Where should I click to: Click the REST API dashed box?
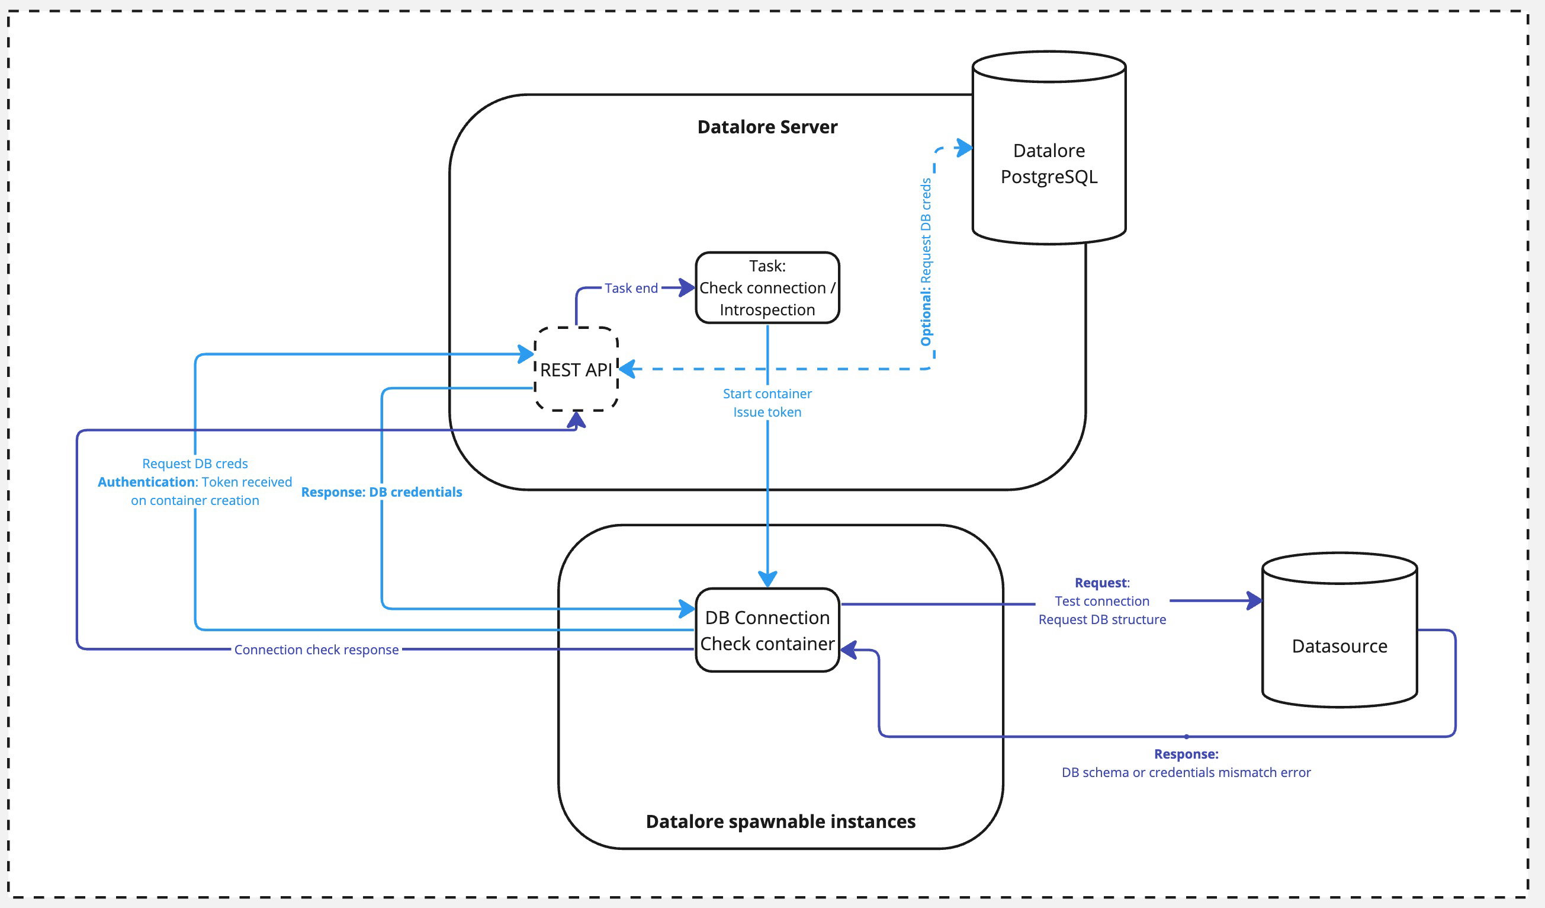(576, 369)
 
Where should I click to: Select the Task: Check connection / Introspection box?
(767, 287)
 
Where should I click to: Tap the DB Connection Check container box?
(767, 630)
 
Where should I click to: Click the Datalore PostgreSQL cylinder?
(1048, 163)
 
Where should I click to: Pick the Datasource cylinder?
(1339, 646)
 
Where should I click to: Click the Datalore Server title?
(767, 127)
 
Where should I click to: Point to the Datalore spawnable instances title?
(780, 821)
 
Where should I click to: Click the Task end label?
(631, 287)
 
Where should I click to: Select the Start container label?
(767, 394)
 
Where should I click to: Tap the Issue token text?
(767, 413)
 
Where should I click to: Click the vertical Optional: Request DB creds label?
(926, 262)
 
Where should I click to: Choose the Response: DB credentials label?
(381, 492)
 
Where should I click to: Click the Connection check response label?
(316, 650)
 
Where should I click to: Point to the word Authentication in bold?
(146, 482)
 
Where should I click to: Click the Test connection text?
(1101, 601)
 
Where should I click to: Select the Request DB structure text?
(1101, 619)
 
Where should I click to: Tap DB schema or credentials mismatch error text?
(1186, 772)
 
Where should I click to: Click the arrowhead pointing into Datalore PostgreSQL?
(965, 148)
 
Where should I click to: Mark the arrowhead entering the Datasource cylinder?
(1254, 600)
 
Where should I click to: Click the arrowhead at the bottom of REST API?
(576, 420)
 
